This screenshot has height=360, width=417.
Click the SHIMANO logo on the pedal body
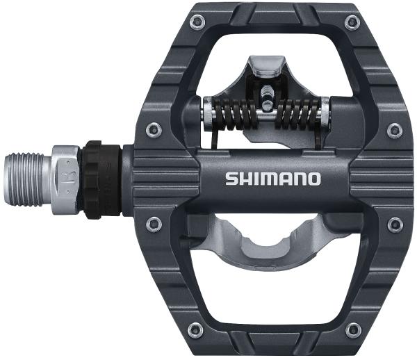(x=272, y=178)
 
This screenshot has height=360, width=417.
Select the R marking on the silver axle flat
(x=68, y=169)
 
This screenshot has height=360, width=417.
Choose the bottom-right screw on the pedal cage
(x=352, y=331)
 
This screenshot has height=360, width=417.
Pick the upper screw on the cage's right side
(x=394, y=130)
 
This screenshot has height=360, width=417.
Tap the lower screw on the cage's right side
(x=395, y=224)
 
